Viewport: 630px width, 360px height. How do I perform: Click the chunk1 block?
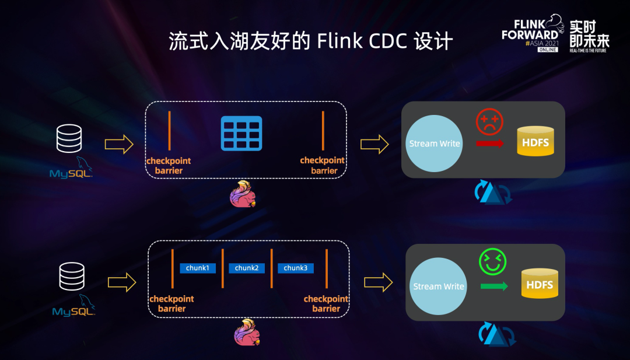pos(198,268)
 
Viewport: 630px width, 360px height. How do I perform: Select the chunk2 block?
pos(247,268)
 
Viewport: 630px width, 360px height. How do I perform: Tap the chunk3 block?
pos(296,268)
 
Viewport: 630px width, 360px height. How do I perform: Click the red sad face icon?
pos(489,122)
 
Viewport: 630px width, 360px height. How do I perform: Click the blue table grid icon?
pos(241,133)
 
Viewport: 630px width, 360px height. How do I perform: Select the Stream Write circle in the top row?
pos(435,144)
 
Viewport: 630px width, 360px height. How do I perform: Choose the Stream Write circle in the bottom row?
pos(439,286)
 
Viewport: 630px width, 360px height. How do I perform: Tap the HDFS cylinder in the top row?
pos(535,142)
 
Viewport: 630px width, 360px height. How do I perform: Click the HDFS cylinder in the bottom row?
pos(540,285)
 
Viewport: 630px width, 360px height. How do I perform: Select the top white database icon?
pos(69,139)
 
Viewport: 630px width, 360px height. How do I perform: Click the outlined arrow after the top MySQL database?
pos(119,145)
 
